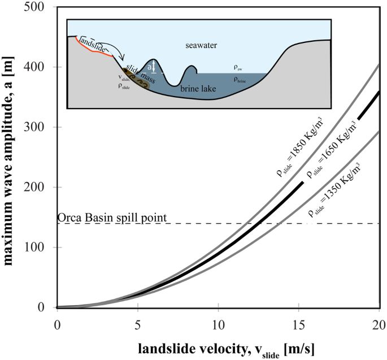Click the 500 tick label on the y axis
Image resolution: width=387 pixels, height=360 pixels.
(40, 7)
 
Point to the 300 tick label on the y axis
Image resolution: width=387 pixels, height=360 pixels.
(40, 127)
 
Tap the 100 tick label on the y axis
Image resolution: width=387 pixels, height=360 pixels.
(40, 248)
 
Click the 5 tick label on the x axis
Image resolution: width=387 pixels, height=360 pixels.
(137, 325)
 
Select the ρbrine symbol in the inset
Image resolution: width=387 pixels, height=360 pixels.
(241, 80)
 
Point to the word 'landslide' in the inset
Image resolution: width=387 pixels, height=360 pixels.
(94, 40)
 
